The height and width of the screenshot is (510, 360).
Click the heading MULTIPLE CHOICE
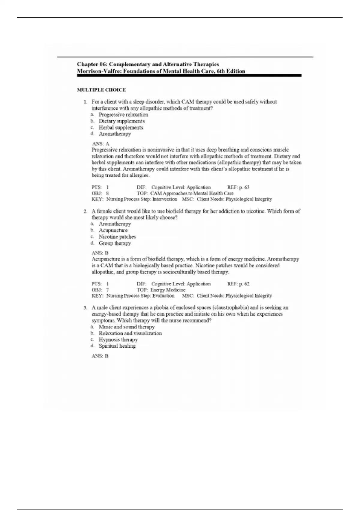[x=101, y=90]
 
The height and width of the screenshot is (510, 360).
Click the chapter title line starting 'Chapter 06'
[x=148, y=64]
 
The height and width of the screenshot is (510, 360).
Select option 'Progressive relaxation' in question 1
[x=123, y=115]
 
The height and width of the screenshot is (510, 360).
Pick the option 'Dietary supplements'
[x=121, y=121]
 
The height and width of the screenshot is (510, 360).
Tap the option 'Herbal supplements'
[x=121, y=127]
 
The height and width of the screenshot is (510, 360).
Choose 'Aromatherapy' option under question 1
[x=115, y=134]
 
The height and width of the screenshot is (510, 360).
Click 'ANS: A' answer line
[x=100, y=144]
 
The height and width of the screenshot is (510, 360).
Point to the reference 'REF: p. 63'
[x=238, y=187]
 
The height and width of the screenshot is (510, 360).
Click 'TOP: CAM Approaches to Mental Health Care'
[x=185, y=193]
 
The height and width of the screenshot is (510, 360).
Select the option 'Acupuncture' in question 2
[x=113, y=230]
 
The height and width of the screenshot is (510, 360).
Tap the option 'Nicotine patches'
[x=117, y=237]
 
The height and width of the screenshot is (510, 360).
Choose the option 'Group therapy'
[x=115, y=243]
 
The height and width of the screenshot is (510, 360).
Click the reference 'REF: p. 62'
[x=238, y=284]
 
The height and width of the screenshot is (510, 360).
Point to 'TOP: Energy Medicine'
[x=161, y=290]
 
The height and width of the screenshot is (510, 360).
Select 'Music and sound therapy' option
[x=127, y=327]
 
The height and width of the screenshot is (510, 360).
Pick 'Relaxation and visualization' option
[x=130, y=333]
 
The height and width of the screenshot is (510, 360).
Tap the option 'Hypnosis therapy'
[x=118, y=340]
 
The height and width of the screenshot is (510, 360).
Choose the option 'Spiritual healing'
[x=117, y=346]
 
